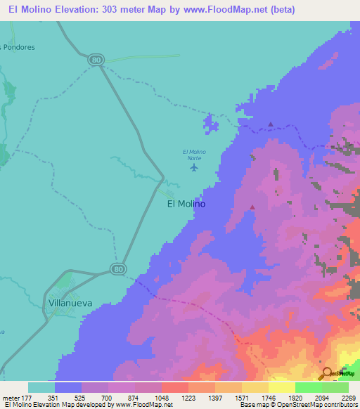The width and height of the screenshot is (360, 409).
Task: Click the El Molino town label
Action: tap(186, 204)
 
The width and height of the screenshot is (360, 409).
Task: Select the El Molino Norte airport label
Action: tap(194, 155)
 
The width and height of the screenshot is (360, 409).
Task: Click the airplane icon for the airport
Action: tap(195, 167)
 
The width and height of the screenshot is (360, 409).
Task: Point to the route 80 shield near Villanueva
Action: tap(117, 268)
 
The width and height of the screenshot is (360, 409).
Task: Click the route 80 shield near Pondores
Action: tap(96, 60)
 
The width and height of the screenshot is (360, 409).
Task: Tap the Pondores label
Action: tap(18, 47)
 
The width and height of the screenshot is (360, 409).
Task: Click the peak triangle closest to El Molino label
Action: tap(252, 207)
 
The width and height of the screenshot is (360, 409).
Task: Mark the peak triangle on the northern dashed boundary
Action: tap(271, 124)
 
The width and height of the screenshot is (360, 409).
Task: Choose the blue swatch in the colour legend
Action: tap(68, 387)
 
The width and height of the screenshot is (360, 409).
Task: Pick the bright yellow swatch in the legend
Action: tap(282, 387)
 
